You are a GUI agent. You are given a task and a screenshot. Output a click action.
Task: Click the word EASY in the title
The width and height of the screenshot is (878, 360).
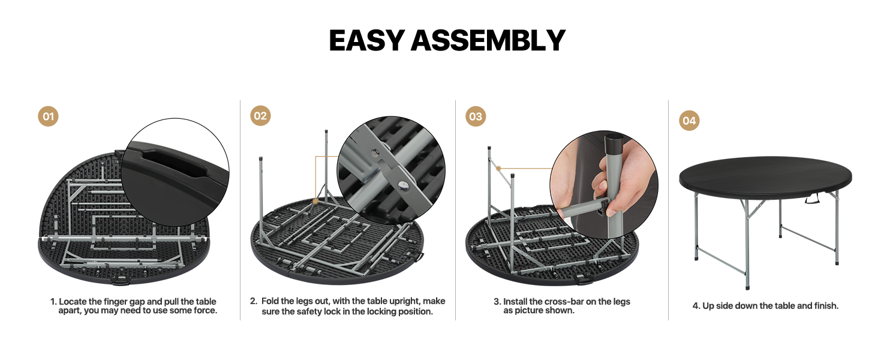pyautogui.click(x=366, y=41)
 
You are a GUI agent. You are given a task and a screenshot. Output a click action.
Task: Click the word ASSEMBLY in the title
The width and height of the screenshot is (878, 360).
pyautogui.click(x=488, y=41)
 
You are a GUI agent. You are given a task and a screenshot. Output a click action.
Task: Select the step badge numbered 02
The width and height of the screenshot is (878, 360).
pyautogui.click(x=260, y=116)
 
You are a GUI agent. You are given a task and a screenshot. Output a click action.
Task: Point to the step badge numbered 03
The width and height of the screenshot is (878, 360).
pyautogui.click(x=476, y=116)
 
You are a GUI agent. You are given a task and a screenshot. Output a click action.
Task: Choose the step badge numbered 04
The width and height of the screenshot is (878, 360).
pyautogui.click(x=689, y=121)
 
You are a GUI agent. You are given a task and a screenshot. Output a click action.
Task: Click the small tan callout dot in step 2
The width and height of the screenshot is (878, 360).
pyautogui.click(x=315, y=202)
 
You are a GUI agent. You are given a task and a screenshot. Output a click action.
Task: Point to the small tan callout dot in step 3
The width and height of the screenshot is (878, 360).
pyautogui.click(x=498, y=169)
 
